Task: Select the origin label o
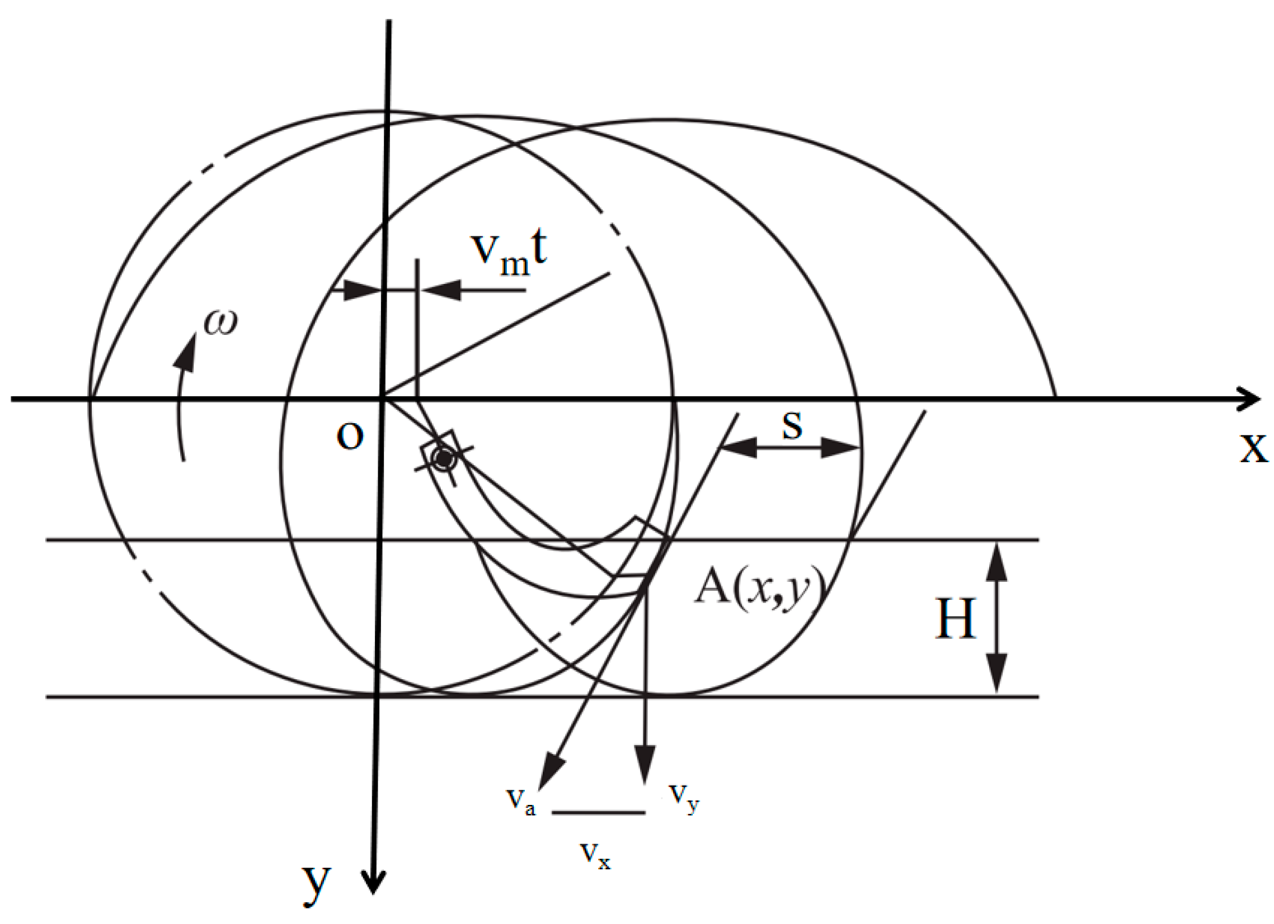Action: [349, 436]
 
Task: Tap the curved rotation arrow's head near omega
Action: [187, 354]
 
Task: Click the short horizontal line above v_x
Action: [599, 812]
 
